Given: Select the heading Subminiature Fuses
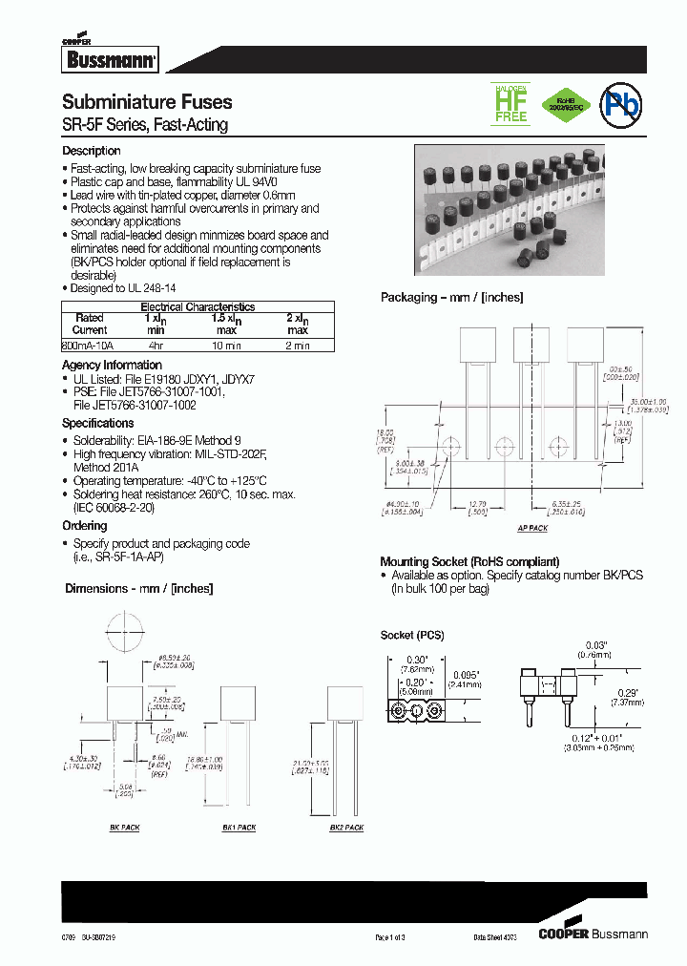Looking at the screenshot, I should [147, 102].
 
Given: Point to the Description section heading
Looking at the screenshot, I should [92, 151].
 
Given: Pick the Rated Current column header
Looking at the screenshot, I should [90, 324].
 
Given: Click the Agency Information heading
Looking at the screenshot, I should [112, 366].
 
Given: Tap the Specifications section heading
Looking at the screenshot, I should [97, 423].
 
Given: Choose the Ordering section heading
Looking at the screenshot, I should [84, 526].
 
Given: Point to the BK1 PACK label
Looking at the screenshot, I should [239, 828].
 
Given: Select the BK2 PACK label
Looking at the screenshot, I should [346, 828].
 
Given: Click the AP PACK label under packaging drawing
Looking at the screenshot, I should [532, 528].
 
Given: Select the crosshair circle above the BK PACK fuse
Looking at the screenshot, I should [124, 631].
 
